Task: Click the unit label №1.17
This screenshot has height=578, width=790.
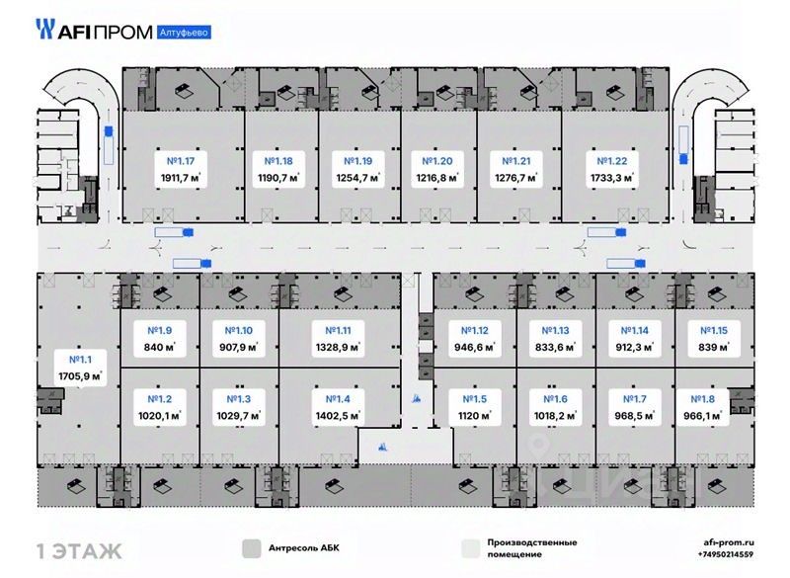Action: [x=181, y=161]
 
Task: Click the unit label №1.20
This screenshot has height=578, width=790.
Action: [x=437, y=161]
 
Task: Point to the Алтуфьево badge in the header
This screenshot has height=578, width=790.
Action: [x=183, y=32]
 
